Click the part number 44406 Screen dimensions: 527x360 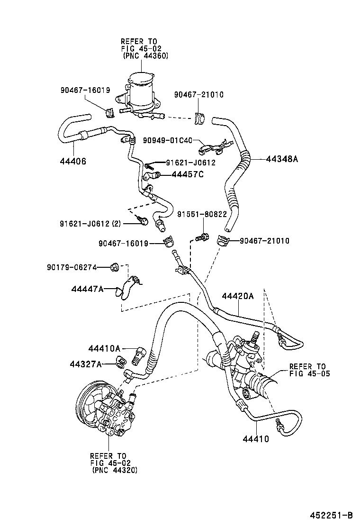(x=73, y=162)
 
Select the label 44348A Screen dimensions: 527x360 (x=281, y=159)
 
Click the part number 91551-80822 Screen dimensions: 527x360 (x=202, y=214)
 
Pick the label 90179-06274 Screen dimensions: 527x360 (x=72, y=267)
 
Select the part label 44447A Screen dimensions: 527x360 (x=88, y=289)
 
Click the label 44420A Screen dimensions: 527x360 (x=238, y=296)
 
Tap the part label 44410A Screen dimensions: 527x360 (x=104, y=349)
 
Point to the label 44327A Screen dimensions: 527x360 (x=86, y=364)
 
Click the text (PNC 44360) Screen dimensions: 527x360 (x=145, y=55)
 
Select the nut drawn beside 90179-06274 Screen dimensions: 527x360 (x=114, y=268)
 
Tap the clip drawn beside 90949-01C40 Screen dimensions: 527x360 (x=214, y=146)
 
